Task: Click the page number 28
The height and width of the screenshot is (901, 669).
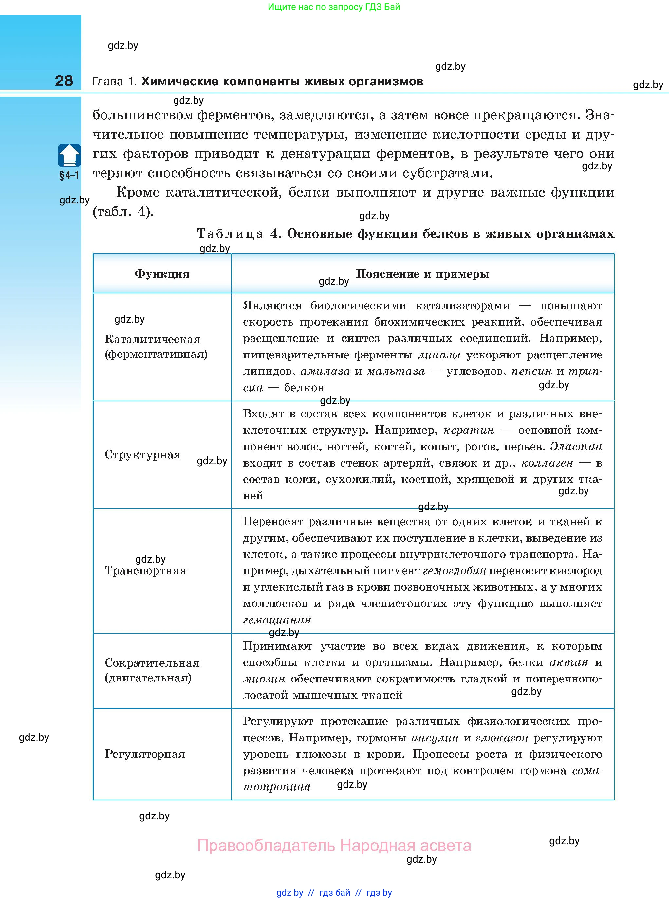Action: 64,81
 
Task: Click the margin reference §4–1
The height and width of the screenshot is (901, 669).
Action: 69,175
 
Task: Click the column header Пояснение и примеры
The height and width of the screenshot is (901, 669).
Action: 422,274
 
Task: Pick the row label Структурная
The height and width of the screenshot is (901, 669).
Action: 142,454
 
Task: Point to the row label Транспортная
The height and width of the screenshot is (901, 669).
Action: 145,571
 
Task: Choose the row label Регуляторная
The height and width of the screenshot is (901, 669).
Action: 144,754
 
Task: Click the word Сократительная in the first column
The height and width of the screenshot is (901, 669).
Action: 152,663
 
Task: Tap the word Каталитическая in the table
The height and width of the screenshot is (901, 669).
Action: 152,339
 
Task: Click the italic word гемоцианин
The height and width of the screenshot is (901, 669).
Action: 277,620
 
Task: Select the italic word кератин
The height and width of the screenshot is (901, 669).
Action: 469,430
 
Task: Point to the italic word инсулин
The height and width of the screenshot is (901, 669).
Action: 435,738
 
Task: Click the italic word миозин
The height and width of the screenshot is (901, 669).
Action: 264,679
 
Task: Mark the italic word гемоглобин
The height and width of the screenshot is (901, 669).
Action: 455,571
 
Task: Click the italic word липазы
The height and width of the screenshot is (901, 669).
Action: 439,355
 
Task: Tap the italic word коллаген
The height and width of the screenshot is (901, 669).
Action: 547,463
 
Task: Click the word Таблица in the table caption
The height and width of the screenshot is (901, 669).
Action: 230,234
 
